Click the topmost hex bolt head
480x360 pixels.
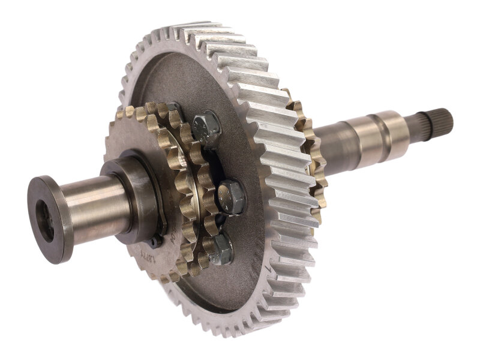[207, 127]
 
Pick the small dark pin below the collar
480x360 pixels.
[155, 242]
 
